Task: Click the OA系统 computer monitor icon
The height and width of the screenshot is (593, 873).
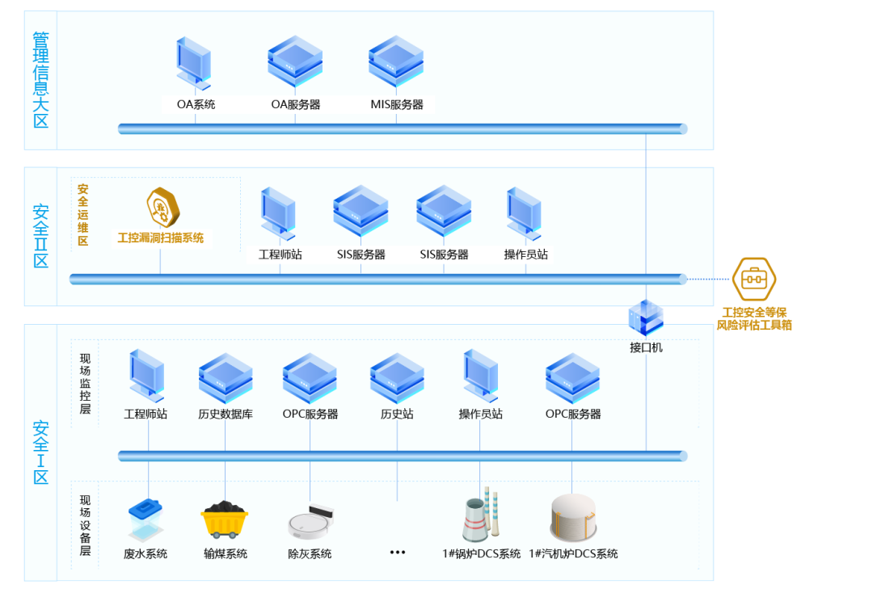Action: coord(193,63)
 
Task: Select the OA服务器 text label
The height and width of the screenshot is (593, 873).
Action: coord(295,104)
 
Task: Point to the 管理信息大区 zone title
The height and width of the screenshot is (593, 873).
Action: coord(40,80)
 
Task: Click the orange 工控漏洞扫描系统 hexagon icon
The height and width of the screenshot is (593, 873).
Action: coord(162,208)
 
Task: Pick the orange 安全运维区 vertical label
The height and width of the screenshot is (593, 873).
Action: coord(82,215)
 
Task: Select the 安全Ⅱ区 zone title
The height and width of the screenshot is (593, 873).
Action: coord(40,236)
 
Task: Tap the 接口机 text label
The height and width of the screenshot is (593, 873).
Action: coord(646,347)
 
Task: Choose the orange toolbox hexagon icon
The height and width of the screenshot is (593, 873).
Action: coord(753,279)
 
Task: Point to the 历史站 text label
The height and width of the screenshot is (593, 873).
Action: coord(397,414)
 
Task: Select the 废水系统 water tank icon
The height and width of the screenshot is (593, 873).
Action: coord(145,519)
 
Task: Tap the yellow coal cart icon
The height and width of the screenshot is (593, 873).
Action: coord(225,519)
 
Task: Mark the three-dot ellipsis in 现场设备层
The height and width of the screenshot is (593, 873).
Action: coord(397,553)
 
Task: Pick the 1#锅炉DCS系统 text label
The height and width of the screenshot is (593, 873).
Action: coord(481,554)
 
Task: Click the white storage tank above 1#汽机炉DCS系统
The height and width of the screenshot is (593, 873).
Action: coord(573,517)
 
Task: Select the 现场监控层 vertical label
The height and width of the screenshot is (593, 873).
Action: coord(85,384)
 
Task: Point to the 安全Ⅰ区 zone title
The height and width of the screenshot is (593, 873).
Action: coord(40,452)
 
